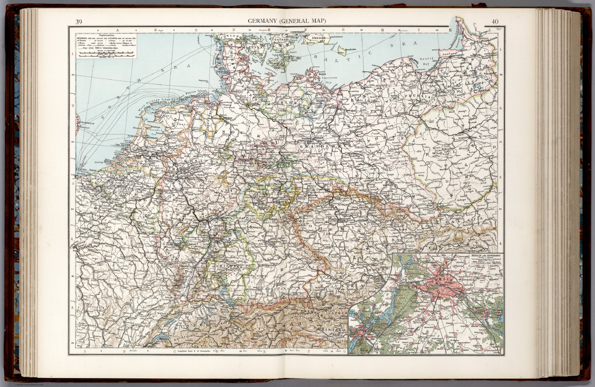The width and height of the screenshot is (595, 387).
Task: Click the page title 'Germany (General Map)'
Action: click(x=287, y=21)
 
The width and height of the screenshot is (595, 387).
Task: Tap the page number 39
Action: click(x=79, y=22)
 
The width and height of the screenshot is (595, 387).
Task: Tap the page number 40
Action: click(x=495, y=22)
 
